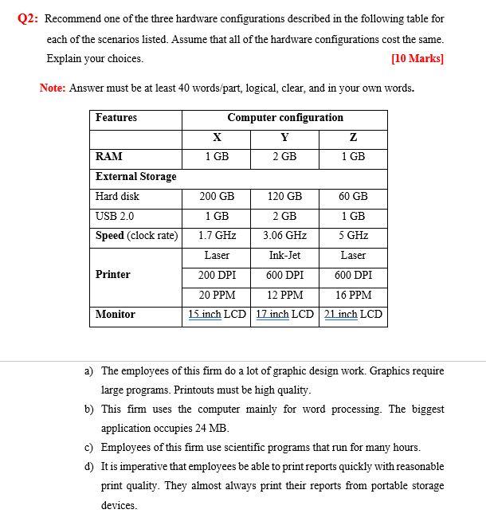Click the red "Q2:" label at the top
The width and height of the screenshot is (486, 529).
(x=29, y=18)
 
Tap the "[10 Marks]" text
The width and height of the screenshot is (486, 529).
(x=417, y=59)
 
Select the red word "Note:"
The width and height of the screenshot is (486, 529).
(x=53, y=88)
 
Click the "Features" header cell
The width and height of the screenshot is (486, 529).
(x=116, y=118)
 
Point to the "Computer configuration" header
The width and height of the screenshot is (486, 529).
(x=284, y=118)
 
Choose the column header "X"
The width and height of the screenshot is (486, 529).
(x=217, y=137)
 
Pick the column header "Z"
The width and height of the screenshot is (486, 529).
(x=353, y=137)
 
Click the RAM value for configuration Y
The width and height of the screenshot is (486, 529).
(x=284, y=157)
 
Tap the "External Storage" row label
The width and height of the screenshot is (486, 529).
(x=135, y=177)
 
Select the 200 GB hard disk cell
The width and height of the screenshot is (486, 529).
(x=217, y=196)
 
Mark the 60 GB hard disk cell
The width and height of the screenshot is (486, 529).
(x=353, y=196)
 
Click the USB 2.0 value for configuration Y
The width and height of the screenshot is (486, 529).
(x=284, y=216)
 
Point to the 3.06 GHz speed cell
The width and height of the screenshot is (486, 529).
(x=284, y=236)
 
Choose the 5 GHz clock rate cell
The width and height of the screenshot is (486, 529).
(x=353, y=236)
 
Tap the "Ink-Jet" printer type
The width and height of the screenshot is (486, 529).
(x=284, y=256)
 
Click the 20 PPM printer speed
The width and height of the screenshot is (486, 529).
(x=217, y=295)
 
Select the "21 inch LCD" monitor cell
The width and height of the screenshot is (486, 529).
(x=353, y=315)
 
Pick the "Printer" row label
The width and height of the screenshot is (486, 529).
(x=113, y=275)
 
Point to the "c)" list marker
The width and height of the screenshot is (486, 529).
(x=90, y=448)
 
